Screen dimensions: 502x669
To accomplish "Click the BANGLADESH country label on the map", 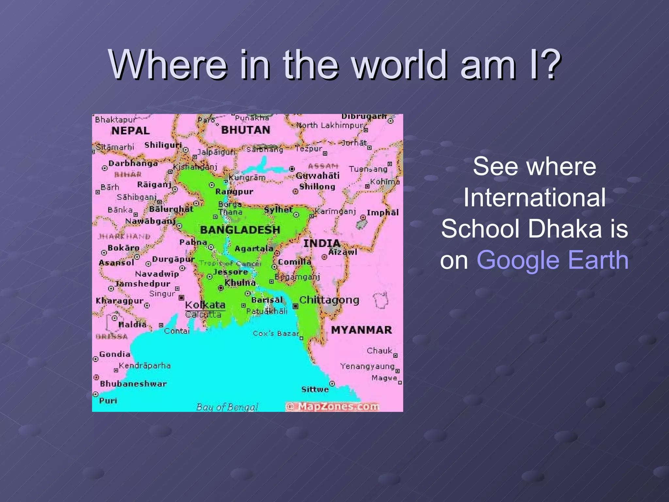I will coord(240,230).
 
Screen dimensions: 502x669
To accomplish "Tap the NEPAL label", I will coord(130,131).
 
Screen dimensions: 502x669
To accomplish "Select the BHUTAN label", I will coord(246,130).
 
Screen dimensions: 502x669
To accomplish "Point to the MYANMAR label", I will coord(361,330).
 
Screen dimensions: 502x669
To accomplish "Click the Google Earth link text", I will coord(552,260).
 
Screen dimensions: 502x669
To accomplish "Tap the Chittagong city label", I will coord(329,300).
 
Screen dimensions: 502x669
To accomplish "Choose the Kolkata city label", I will coord(205,305).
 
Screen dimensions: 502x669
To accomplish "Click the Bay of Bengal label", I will coord(227,407).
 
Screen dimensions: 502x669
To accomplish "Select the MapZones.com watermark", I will coord(333,406).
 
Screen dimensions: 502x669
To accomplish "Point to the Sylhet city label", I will coord(278,209).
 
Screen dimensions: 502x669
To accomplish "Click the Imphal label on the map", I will coord(383,213).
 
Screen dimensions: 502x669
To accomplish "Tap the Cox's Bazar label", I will coord(276,333).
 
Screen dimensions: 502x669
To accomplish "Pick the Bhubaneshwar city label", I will coord(133,384).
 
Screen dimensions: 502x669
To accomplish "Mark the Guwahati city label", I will coord(318,176).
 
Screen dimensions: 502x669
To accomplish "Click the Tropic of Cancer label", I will coord(230,263).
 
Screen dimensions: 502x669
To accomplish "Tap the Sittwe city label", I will coord(315,389).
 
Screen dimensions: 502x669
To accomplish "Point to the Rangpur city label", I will coord(234,192).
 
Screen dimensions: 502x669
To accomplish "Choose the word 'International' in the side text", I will coord(534,197).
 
